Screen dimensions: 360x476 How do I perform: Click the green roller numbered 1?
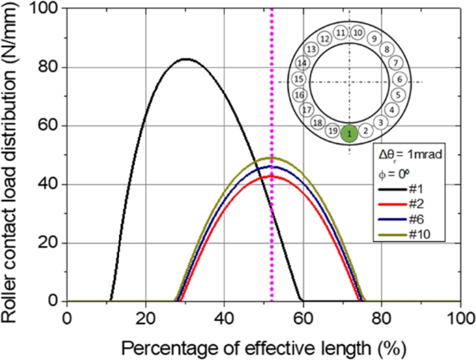point(350,134)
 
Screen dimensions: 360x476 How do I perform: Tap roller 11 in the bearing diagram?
point(340,32)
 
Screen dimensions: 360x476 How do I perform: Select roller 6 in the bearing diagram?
point(399,79)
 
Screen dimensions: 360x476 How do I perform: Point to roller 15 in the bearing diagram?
point(299,79)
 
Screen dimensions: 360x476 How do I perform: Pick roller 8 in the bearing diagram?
point(387,49)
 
